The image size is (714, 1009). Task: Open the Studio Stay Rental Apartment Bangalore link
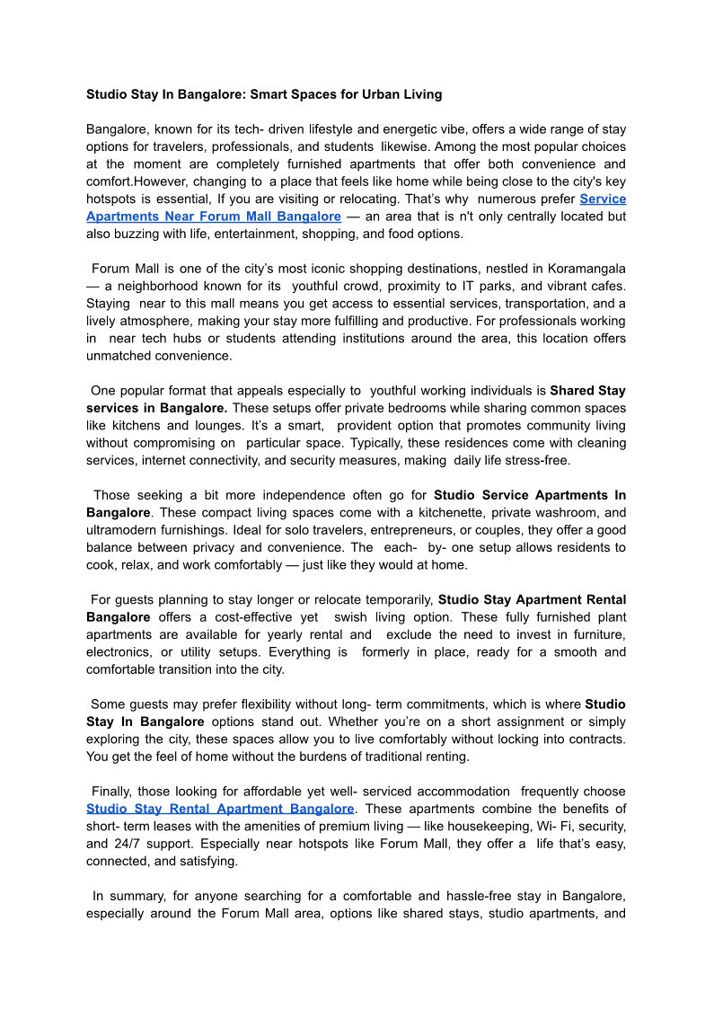(x=220, y=809)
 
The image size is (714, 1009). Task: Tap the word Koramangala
(x=585, y=269)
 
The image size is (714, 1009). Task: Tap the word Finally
(x=113, y=792)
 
